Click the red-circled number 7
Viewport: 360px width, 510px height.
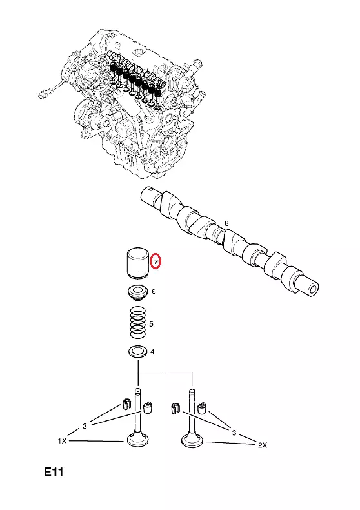click(x=156, y=261)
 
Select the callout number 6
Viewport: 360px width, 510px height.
click(x=154, y=291)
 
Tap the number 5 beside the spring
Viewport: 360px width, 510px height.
click(x=151, y=324)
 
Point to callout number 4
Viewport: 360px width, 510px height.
click(x=152, y=352)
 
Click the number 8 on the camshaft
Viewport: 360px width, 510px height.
click(x=226, y=223)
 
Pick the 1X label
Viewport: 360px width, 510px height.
click(x=63, y=441)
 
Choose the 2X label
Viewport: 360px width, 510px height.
click(x=263, y=445)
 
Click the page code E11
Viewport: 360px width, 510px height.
click(x=54, y=472)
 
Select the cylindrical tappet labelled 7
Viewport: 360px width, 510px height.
click(x=137, y=263)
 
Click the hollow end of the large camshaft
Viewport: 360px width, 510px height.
click(x=314, y=289)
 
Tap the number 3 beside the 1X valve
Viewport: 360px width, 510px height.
click(x=85, y=426)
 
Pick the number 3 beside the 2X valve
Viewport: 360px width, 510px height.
click(x=234, y=433)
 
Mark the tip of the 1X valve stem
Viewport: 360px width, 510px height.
click(x=138, y=389)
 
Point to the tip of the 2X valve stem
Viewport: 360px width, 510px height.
click(x=192, y=389)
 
